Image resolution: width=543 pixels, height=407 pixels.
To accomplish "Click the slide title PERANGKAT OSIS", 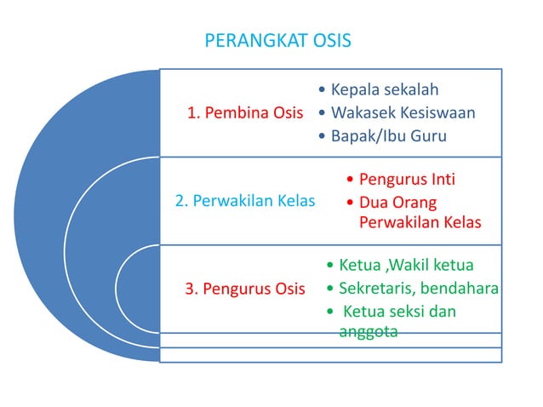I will coord(277,41).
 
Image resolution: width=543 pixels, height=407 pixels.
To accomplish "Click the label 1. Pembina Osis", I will coord(245,113).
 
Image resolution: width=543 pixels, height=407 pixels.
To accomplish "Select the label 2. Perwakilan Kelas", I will coord(245,202).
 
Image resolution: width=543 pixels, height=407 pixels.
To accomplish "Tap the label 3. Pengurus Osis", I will coord(245,289).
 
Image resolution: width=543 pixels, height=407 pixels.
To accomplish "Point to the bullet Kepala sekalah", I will coord(385,89).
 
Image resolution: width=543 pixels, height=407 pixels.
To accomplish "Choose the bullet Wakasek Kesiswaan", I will coord(403,112).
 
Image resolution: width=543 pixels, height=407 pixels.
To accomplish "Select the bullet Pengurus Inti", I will coord(407,180).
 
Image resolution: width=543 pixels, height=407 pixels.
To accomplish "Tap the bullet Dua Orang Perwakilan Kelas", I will coord(420,213).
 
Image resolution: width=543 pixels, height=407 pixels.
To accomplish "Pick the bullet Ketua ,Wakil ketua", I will coord(406,265).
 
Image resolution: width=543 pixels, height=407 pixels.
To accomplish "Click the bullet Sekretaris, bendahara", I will coord(418,289).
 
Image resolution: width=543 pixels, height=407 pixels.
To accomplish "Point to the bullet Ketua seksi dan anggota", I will coord(397,322).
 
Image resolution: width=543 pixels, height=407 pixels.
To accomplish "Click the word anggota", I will coord(369,332).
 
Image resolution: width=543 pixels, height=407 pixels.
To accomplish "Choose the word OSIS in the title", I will coord(329,41).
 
